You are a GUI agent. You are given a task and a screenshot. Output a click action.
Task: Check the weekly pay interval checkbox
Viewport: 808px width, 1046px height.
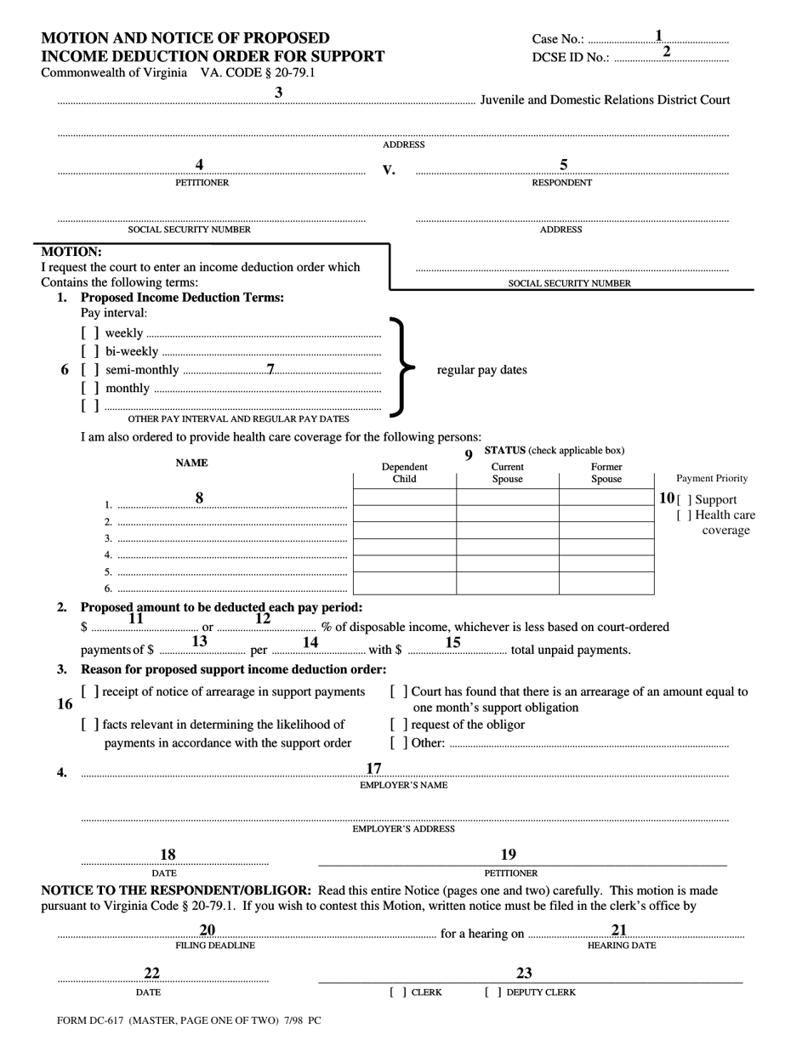(90, 333)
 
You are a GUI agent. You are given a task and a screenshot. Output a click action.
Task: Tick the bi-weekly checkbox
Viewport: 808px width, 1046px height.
(90, 351)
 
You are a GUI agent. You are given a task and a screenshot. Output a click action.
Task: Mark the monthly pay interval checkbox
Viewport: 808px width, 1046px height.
(90, 388)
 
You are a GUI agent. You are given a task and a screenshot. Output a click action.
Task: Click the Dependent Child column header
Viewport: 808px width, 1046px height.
(404, 473)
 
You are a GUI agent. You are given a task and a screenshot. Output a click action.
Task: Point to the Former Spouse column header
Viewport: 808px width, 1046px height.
(606, 473)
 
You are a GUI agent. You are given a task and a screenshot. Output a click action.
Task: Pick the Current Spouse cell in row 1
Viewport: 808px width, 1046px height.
(507, 497)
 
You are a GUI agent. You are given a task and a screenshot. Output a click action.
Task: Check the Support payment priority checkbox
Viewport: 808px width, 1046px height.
(684, 500)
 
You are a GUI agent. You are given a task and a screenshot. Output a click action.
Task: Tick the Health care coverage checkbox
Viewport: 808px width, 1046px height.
(684, 515)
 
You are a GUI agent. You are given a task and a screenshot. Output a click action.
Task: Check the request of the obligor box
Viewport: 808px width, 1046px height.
(398, 725)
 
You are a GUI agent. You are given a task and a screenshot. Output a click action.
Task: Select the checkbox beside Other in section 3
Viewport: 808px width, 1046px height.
(398, 742)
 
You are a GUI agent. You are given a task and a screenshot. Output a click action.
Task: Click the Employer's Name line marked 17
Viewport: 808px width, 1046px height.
(404, 774)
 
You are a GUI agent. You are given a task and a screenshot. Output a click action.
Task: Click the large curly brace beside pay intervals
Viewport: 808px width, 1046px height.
(401, 367)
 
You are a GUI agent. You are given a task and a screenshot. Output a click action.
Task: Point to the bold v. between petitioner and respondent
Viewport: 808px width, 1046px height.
(389, 169)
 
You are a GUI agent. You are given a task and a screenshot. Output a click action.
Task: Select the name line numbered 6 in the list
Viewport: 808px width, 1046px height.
(231, 588)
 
